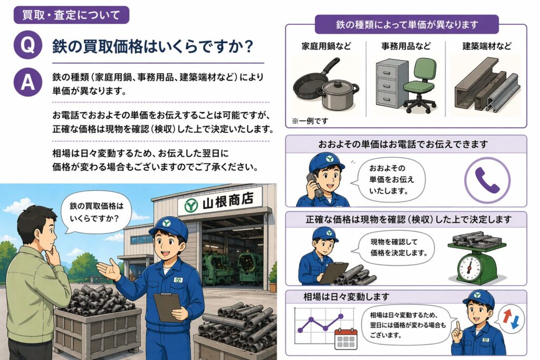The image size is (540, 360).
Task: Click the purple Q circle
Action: (28, 45)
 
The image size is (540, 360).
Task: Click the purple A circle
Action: (28, 82)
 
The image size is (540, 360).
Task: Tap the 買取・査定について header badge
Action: (71, 15)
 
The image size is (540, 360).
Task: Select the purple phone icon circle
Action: (487, 180)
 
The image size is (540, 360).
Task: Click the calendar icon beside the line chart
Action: (346, 338)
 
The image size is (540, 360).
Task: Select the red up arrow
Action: (507, 315)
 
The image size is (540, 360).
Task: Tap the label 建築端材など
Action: (487, 46)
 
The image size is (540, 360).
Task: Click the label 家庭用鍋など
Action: (326, 46)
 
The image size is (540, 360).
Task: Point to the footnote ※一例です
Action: (310, 121)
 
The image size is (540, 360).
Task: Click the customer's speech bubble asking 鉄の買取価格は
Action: (96, 212)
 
